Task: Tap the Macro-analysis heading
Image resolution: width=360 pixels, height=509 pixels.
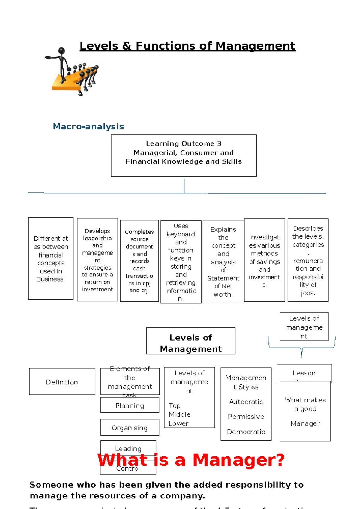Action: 88,126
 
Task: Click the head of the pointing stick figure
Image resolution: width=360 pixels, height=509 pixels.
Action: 62,50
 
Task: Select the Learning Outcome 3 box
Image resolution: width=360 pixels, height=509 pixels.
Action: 184,155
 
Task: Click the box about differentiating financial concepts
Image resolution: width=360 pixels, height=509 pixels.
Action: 51,258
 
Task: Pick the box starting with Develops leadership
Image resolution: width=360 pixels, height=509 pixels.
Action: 97,260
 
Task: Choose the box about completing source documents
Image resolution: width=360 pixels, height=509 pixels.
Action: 139,261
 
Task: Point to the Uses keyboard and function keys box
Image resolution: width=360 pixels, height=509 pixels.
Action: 181,262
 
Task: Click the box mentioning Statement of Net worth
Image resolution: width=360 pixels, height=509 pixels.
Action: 223,261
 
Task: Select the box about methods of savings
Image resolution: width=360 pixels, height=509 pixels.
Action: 264,260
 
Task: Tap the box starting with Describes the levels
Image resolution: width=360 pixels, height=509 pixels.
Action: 308,260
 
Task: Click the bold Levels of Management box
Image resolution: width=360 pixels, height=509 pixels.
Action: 191,341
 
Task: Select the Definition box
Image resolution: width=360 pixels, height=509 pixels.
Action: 62,381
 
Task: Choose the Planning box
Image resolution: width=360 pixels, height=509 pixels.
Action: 130,405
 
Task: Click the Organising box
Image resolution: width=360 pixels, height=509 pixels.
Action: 130,427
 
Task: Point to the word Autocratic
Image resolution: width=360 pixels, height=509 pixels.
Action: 246,402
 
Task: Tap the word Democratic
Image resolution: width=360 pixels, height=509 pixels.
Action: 246,432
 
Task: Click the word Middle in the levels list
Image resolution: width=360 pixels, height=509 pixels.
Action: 179,414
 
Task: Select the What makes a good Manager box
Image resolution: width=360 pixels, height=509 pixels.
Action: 305,411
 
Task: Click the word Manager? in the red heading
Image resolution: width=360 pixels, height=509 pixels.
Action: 238,460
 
